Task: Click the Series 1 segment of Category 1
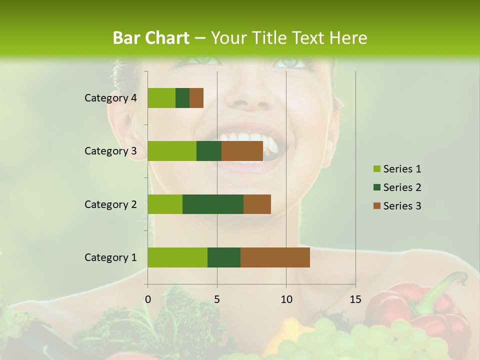pos(177,257)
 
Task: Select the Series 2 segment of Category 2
pos(213,204)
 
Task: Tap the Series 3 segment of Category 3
pos(242,151)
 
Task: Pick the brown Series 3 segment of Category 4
pos(196,98)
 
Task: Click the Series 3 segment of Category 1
pos(275,257)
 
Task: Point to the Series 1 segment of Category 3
pos(172,151)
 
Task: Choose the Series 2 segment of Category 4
pos(182,98)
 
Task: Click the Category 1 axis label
pos(110,257)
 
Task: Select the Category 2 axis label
pos(110,204)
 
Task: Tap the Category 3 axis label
pos(110,151)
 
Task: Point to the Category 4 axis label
pos(110,98)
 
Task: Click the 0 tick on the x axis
pos(148,299)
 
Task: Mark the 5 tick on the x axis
pos(217,299)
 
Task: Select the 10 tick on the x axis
pos(286,299)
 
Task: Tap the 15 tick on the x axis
pos(355,299)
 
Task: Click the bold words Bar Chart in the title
pos(150,38)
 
